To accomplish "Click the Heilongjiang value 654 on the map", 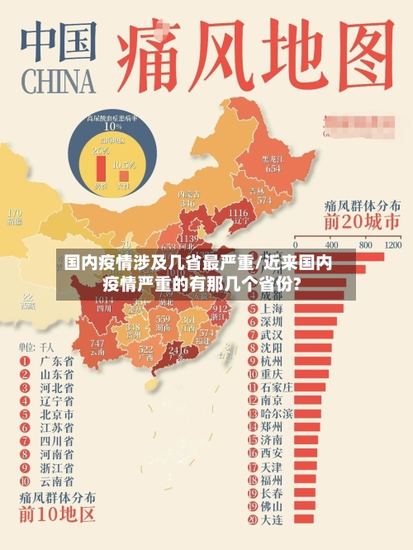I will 273,168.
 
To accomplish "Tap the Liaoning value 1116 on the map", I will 236,214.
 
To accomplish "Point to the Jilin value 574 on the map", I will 263,201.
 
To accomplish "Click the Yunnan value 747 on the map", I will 97,344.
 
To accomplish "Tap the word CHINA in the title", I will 56,83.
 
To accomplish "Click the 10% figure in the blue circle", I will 112,126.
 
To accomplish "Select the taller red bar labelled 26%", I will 102,170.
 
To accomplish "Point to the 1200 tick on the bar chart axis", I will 392,245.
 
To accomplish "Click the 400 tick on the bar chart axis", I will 332,245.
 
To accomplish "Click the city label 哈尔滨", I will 276,413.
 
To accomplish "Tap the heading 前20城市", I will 362,221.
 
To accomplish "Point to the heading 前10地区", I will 58,515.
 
